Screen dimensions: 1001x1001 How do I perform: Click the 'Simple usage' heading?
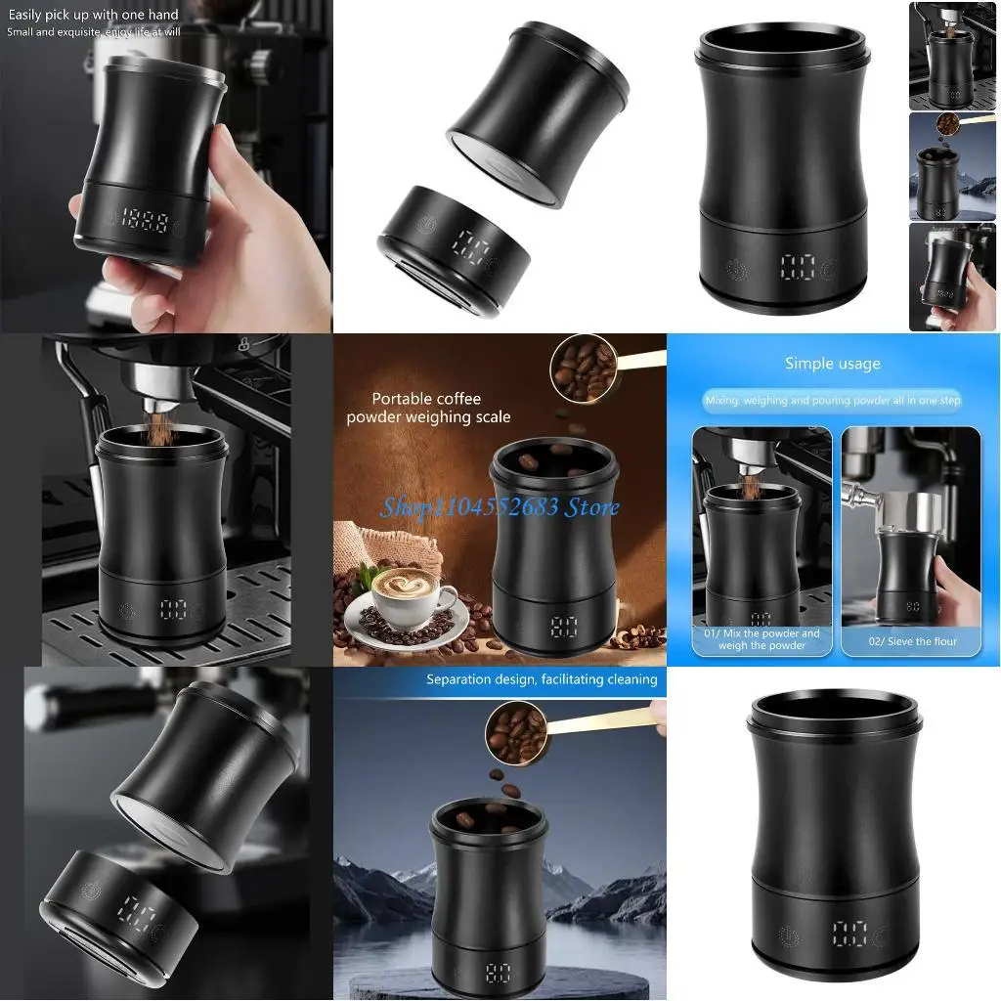point(832,364)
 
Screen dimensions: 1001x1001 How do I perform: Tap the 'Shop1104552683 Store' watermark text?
point(500,506)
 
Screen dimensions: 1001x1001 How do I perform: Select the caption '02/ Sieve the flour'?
point(911,641)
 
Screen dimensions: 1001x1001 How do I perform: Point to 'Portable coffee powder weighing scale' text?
point(428,408)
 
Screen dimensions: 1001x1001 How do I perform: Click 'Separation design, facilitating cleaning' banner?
point(541,679)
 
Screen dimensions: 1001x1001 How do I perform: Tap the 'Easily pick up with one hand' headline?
point(94,14)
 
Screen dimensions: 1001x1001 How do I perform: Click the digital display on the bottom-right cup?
point(849,934)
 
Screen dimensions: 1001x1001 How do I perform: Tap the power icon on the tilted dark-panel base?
point(91,891)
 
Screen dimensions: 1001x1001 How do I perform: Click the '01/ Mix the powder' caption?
point(762,639)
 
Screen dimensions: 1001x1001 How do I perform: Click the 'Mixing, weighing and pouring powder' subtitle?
point(831,401)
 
